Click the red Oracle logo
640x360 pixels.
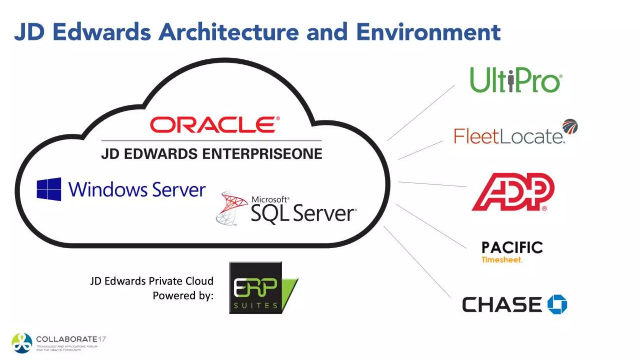click(214, 125)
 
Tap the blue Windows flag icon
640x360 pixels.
click(49, 189)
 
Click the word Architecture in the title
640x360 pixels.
click(229, 32)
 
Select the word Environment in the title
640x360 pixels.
click(428, 32)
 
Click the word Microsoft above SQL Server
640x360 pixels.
click(269, 199)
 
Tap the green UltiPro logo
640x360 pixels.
click(516, 80)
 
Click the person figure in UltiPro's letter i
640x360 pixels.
click(511, 81)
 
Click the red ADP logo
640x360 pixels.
click(513, 192)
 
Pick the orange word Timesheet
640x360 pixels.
click(502, 260)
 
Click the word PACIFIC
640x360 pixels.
click(512, 247)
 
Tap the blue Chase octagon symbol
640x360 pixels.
click(557, 304)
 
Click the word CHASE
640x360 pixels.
click(502, 305)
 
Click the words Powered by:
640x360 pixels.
click(183, 296)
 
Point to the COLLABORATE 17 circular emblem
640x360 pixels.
click(22, 343)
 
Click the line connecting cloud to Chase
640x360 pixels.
click(417, 262)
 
